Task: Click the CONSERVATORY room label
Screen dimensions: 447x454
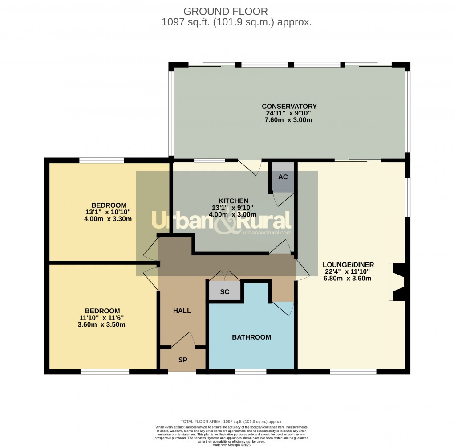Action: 289,106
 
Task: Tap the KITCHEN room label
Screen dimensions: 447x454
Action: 233,201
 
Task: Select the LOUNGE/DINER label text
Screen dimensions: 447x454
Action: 348,264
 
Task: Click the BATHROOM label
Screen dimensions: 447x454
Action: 251,337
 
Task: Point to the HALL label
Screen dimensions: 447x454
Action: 182,311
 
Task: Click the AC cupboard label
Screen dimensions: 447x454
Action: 283,177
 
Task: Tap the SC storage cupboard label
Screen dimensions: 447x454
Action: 225,292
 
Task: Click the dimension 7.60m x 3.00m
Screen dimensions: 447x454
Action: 289,120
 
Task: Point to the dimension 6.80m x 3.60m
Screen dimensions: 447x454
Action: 347,279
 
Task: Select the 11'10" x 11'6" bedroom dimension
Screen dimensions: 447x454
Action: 102,318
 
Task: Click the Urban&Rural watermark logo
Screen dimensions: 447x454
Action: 221,221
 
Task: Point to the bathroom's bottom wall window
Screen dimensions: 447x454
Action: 251,371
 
